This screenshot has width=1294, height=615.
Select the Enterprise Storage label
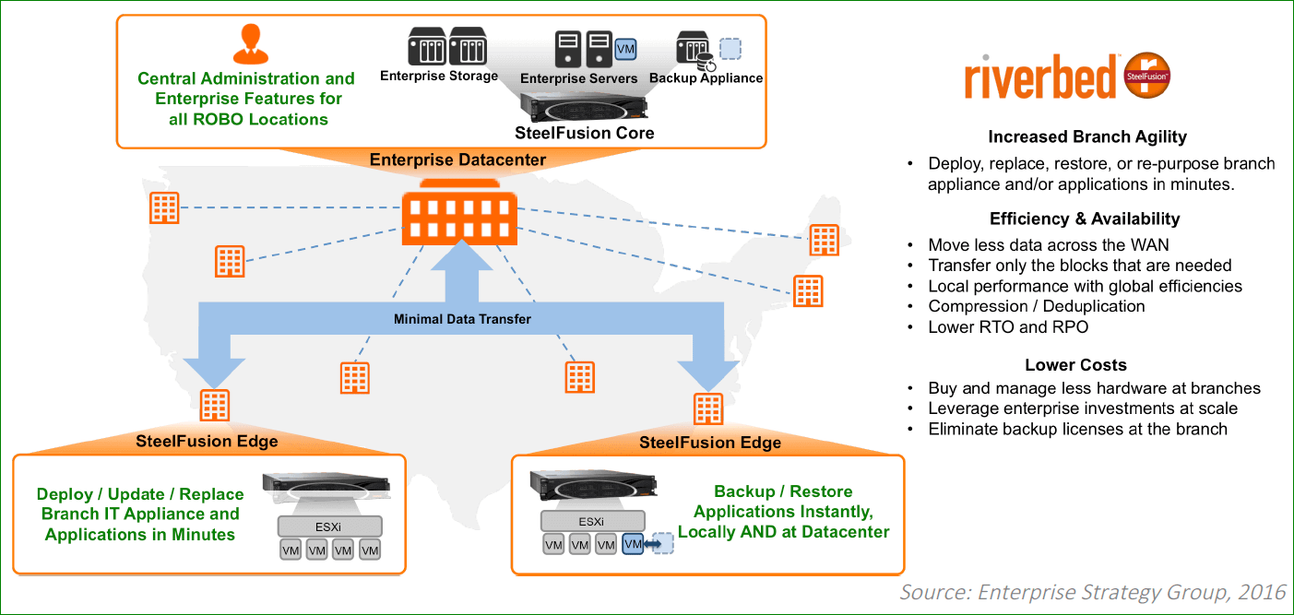point(439,77)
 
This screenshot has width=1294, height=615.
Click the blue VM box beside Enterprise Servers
point(625,47)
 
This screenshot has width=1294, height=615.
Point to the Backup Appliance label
point(706,78)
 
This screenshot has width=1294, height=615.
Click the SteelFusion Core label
point(585,133)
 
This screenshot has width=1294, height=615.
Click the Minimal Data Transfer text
point(462,319)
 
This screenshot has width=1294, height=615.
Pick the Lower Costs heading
point(1075,365)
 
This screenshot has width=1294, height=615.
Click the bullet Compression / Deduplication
point(1036,306)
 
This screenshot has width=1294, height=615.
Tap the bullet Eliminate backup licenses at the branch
point(1077,429)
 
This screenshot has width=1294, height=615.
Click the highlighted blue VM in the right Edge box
point(633,545)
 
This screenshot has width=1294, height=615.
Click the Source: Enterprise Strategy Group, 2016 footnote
point(1092,591)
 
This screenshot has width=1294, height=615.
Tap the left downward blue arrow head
point(214,373)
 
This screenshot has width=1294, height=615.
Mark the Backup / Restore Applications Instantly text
point(783,512)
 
